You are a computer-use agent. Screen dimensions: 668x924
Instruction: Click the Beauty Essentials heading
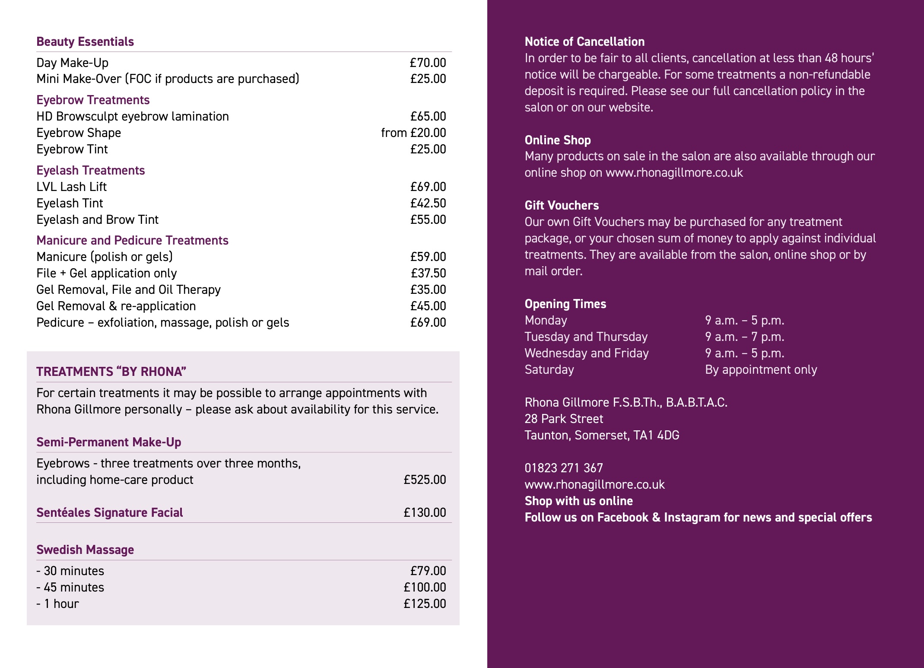pos(85,41)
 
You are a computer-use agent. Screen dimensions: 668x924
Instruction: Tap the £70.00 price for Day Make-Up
pos(428,63)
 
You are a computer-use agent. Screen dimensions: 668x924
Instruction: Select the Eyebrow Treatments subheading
pos(93,100)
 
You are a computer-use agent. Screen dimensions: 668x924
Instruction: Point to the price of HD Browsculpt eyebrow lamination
pos(428,116)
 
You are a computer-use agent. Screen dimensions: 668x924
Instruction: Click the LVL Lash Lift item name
pos(71,187)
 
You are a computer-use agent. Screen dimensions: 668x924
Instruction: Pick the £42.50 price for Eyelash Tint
pos(428,203)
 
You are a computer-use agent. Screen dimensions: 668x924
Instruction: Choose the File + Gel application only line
pos(107,273)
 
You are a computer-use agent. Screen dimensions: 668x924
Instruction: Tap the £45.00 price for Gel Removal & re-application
pos(428,306)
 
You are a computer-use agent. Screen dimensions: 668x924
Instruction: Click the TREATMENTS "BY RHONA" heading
pos(111,372)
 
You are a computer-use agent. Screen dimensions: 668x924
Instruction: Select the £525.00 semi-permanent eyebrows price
pos(425,480)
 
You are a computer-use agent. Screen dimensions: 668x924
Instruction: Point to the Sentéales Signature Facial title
pos(110,512)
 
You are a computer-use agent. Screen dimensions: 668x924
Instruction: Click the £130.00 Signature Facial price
pos(425,512)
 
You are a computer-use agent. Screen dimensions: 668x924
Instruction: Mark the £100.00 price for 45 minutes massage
pos(425,587)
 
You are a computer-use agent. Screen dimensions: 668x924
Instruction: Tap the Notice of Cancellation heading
pos(584,41)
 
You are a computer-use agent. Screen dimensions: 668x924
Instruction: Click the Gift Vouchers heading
pos(562,205)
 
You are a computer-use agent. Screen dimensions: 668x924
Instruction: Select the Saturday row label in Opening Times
pos(549,369)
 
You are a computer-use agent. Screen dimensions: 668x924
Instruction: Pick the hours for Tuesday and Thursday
pos(744,337)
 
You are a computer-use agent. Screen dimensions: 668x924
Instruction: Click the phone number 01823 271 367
pos(563,468)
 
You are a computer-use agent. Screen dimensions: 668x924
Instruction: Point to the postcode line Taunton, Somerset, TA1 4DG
pos(602,435)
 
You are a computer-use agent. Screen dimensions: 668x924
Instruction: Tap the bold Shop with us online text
pos(578,501)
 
